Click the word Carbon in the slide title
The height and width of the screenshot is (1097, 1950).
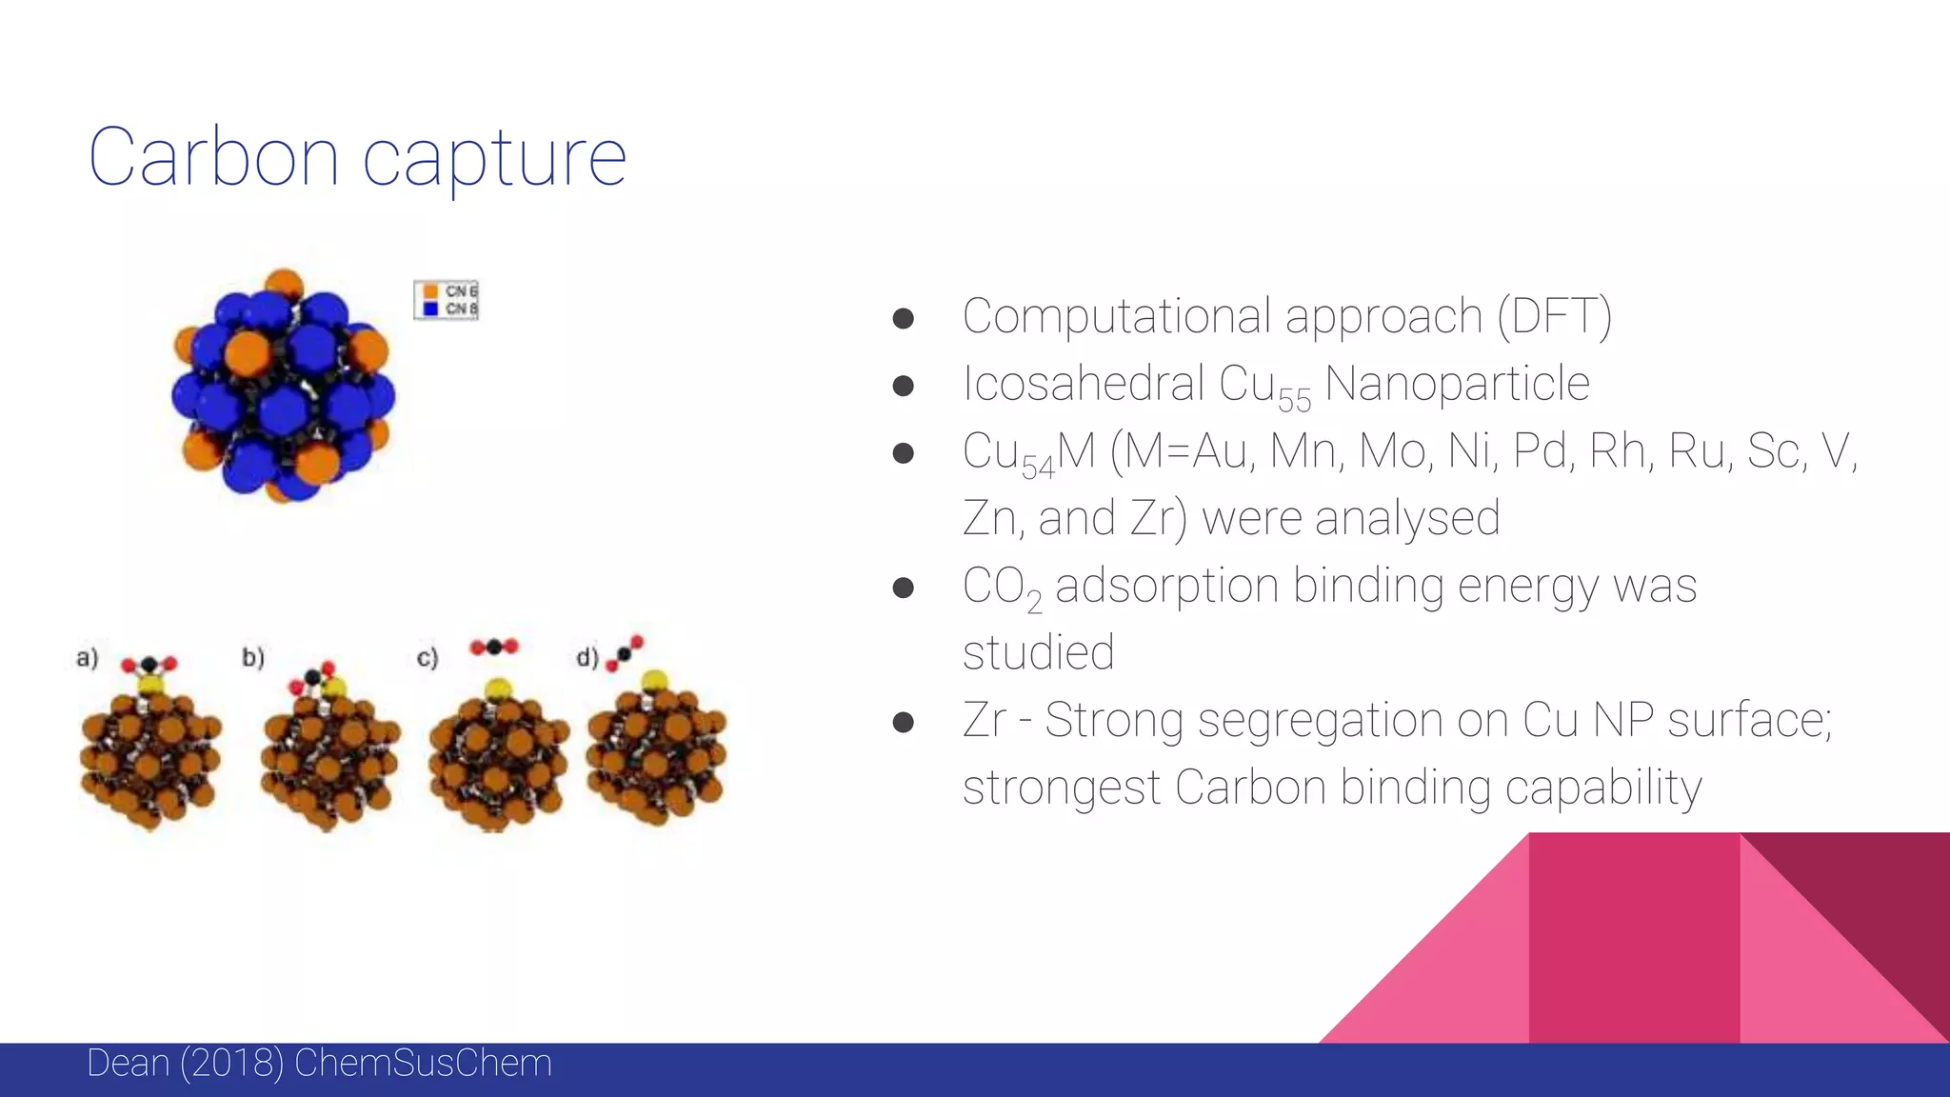(x=213, y=157)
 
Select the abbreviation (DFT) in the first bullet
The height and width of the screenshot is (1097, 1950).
(x=1554, y=317)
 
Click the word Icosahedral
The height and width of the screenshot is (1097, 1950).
(x=1082, y=384)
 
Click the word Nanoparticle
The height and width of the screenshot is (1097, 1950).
(x=1457, y=384)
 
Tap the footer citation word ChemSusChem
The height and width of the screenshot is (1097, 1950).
(x=423, y=1064)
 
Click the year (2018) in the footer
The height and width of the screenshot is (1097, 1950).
(x=231, y=1064)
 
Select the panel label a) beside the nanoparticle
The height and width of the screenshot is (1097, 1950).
(x=87, y=657)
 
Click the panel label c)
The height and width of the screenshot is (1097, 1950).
(x=428, y=657)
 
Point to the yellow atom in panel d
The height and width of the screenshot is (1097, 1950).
(x=654, y=680)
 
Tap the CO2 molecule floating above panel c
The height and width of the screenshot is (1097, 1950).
(x=494, y=648)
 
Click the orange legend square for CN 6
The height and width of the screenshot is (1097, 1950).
(x=430, y=291)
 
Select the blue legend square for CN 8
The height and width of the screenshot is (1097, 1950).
(x=430, y=309)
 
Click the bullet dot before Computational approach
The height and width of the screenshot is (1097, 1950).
(x=903, y=318)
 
